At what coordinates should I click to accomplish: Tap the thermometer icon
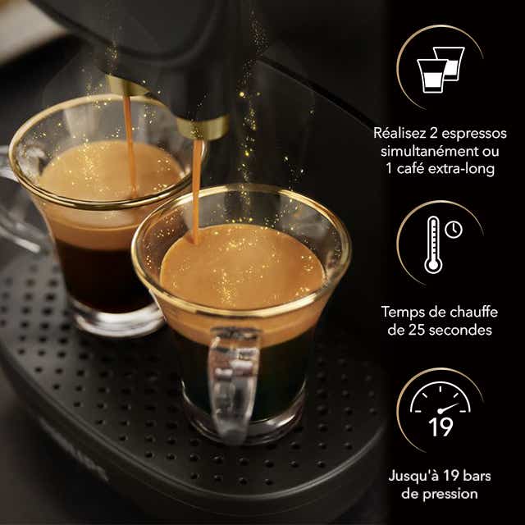click(434, 244)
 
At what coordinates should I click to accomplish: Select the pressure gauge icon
click(440, 409)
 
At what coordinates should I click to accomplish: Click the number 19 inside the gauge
click(440, 427)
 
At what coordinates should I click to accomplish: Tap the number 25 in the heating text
click(424, 331)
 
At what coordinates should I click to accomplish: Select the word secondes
click(465, 331)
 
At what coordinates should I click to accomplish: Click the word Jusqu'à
click(411, 475)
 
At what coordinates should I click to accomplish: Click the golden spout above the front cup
click(202, 128)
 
